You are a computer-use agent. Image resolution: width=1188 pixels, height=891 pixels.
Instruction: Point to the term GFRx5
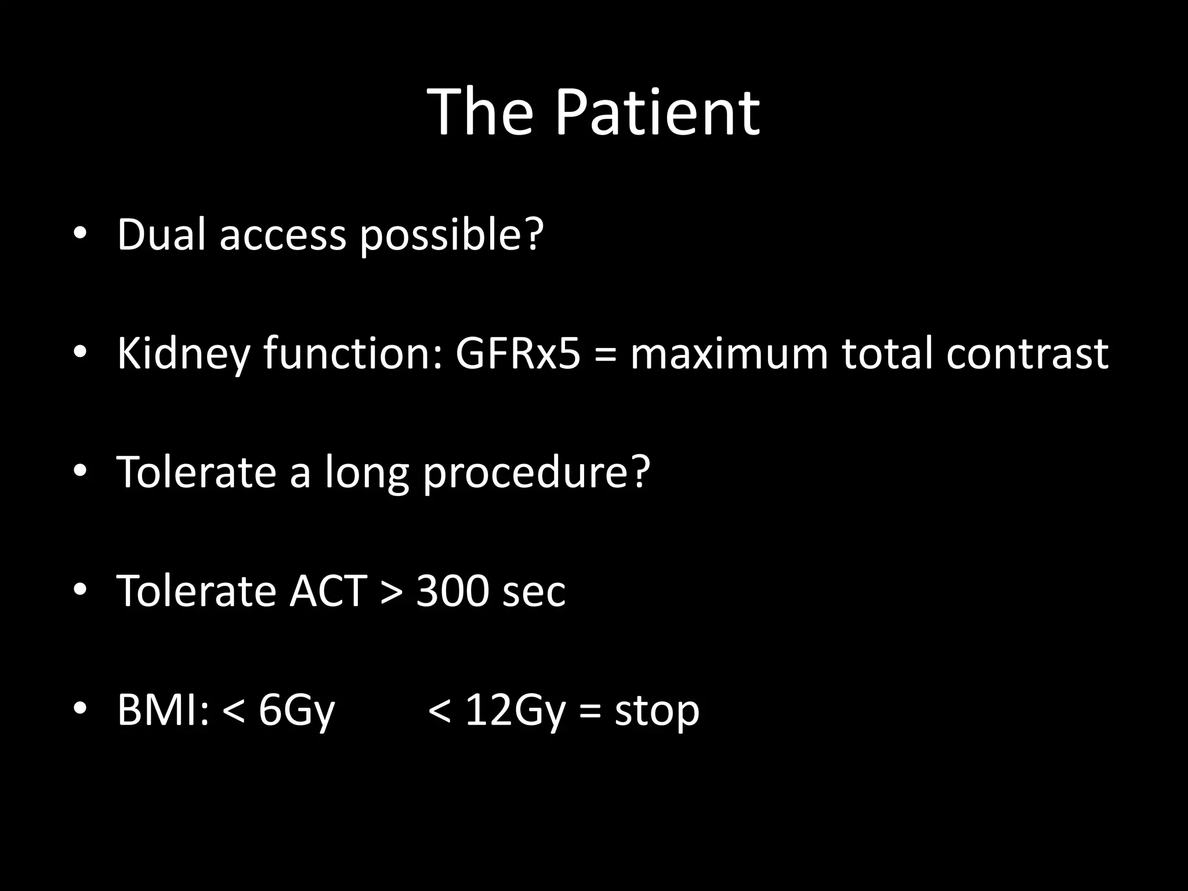coord(517,353)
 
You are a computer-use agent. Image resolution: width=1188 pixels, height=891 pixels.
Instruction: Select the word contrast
coord(1027,354)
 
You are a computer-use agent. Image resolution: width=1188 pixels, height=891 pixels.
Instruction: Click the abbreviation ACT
coord(328,591)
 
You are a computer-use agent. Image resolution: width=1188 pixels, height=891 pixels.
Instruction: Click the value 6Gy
coord(296,711)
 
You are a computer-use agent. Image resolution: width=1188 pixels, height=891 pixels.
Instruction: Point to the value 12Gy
coord(515,711)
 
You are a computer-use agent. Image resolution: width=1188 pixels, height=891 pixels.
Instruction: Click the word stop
coord(657,711)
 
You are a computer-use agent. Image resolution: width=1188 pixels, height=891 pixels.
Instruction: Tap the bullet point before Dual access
coord(80,234)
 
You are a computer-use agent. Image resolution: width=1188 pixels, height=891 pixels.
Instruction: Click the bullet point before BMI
coord(80,709)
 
